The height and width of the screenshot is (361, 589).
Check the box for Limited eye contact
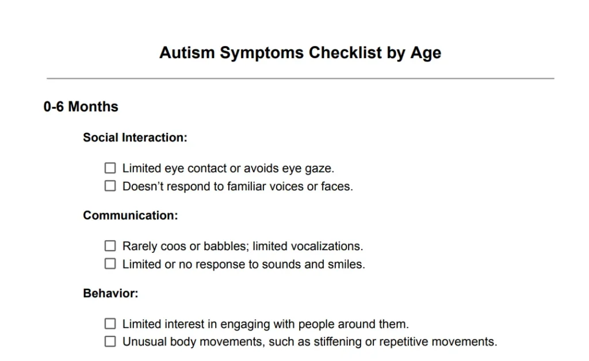point(110,168)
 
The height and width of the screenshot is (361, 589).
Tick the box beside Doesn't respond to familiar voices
point(110,186)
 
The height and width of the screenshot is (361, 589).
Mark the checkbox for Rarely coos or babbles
point(110,246)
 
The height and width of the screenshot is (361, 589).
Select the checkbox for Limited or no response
point(110,264)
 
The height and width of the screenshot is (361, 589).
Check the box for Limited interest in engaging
point(110,324)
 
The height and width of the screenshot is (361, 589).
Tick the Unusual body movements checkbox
point(110,341)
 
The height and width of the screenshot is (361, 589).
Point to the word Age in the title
point(426,53)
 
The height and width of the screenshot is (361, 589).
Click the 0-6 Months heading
point(81,107)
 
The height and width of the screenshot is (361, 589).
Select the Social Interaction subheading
point(135,138)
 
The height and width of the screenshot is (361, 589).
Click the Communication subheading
point(131,216)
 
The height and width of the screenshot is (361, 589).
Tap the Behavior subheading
point(110,293)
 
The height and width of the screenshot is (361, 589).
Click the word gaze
point(319,169)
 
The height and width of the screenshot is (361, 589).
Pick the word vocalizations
point(326,246)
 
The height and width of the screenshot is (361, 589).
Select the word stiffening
point(334,342)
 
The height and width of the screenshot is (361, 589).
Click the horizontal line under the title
point(300,78)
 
